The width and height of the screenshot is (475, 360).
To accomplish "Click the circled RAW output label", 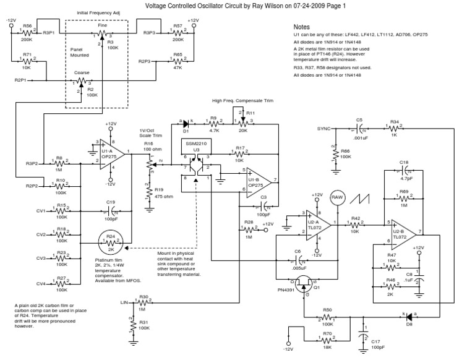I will pyautogui.click(x=337, y=196).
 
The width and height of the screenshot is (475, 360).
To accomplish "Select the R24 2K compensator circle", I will pyautogui.click(x=111, y=244).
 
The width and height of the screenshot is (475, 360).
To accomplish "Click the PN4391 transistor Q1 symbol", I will pyautogui.click(x=304, y=285).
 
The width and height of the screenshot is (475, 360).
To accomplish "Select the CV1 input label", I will pyautogui.click(x=41, y=211).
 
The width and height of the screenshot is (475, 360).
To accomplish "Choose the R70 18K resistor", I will pyautogui.click(x=328, y=339).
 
